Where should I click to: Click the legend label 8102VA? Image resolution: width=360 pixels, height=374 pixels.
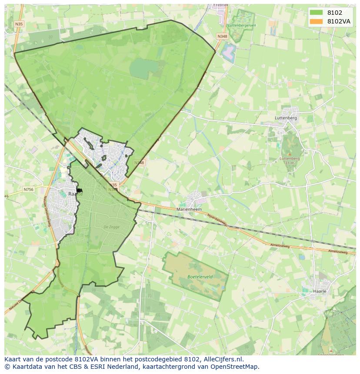pyautogui.click(x=339, y=21)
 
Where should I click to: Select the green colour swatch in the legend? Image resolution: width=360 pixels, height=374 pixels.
pyautogui.click(x=317, y=13)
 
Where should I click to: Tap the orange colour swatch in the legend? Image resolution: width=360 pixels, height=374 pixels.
pyautogui.click(x=317, y=21)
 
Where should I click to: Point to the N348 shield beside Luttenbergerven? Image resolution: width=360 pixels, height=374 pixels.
pyautogui.click(x=222, y=37)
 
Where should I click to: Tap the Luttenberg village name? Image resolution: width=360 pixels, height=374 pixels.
pyautogui.click(x=286, y=118)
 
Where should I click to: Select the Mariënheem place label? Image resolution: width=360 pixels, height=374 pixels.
pyautogui.click(x=189, y=209)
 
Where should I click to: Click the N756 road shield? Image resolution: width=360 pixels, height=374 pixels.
pyautogui.click(x=28, y=189)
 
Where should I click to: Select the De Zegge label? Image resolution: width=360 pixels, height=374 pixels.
pyautogui.click(x=111, y=227)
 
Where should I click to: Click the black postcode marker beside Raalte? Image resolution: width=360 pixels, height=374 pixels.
pyautogui.click(x=79, y=190)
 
